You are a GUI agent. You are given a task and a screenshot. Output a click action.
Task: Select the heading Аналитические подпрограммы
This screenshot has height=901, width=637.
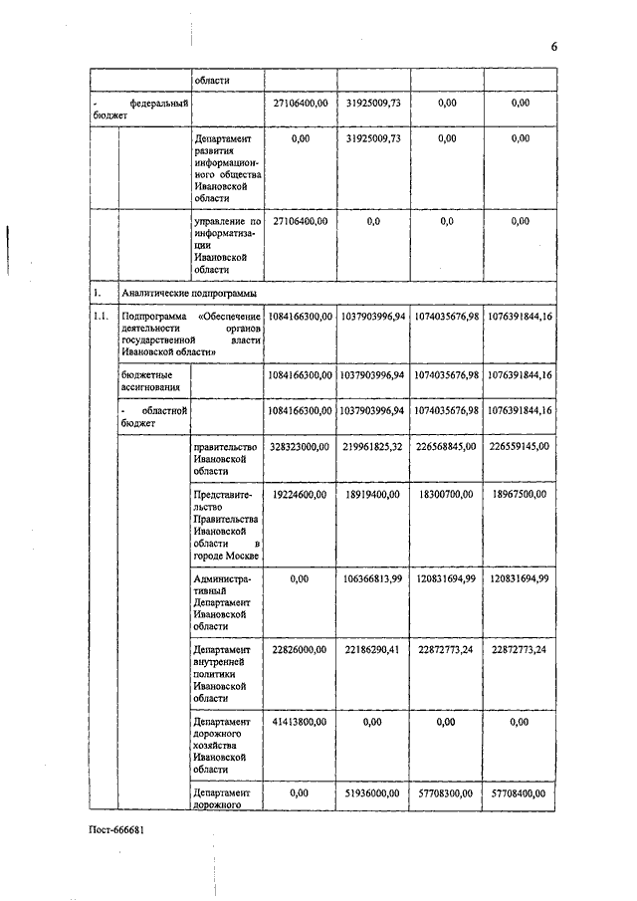pos(188,294)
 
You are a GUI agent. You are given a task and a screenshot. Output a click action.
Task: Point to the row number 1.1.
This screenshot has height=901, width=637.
pos(101,317)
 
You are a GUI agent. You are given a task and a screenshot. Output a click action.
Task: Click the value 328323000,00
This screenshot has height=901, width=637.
pos(299,447)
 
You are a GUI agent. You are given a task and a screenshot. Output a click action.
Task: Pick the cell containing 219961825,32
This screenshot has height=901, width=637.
pos(372,447)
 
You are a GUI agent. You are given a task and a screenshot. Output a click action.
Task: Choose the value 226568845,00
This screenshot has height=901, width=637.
pos(445,447)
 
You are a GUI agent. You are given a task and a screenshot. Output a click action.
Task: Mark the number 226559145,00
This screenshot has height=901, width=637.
pos(519,447)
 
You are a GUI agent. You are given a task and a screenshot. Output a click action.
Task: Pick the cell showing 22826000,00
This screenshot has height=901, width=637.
pos(299,649)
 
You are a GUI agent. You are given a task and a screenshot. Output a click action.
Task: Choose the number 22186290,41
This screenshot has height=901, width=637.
pos(372,649)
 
